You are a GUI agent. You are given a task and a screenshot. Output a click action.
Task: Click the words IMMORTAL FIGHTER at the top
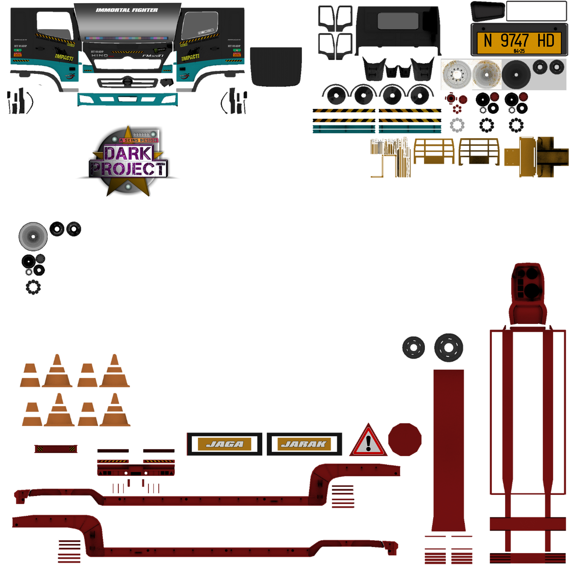tap(127, 10)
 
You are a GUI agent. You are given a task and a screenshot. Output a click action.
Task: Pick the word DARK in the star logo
tap(128, 153)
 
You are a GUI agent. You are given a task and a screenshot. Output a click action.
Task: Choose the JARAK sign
tap(304, 444)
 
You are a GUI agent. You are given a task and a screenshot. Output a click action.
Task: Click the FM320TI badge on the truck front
tap(153, 56)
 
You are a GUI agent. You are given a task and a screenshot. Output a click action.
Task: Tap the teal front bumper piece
tap(128, 99)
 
